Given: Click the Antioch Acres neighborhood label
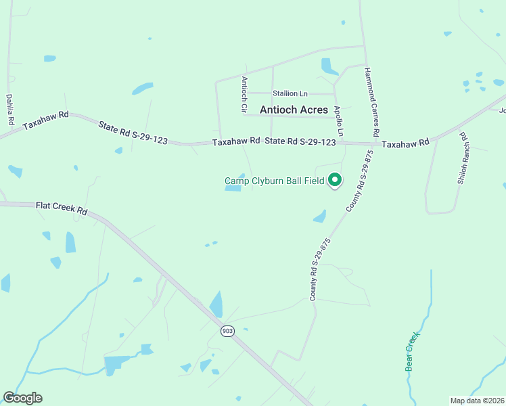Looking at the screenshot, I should pyautogui.click(x=294, y=110).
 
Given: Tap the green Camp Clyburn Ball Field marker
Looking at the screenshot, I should pyautogui.click(x=334, y=180).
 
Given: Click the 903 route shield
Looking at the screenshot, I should pyautogui.click(x=227, y=331).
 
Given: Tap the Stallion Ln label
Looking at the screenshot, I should pyautogui.click(x=290, y=93).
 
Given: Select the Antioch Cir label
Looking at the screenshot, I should pyautogui.click(x=245, y=95).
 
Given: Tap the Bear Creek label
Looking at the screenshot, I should pyautogui.click(x=412, y=351).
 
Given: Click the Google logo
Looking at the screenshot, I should pyautogui.click(x=22, y=398).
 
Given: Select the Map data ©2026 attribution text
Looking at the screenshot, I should pyautogui.click(x=477, y=401).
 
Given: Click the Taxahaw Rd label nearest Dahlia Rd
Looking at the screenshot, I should pyautogui.click(x=46, y=121).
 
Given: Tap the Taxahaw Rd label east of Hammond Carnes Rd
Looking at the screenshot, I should pyautogui.click(x=405, y=143).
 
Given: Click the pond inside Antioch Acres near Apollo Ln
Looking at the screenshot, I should pyautogui.click(x=329, y=66).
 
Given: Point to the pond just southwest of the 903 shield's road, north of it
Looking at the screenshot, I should pyautogui.click(x=216, y=304).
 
